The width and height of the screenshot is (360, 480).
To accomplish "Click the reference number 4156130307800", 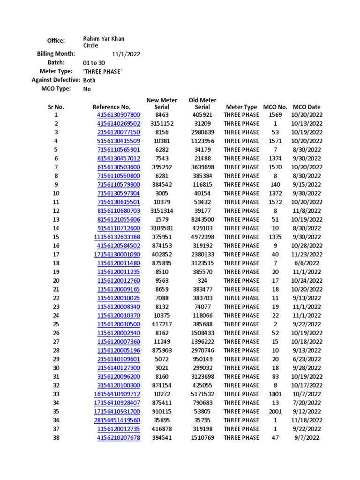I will (118, 115).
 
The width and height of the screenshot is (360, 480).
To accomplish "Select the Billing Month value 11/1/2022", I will (126, 54).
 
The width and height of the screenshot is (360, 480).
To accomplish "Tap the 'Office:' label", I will (56, 41).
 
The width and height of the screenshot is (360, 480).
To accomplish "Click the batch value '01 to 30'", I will (94, 63).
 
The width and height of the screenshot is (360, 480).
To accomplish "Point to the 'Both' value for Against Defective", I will (89, 80).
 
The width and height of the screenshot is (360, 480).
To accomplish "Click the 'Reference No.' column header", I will (111, 107).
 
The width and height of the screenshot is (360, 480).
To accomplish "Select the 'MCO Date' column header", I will (307, 107).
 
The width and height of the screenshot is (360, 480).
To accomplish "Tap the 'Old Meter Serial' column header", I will (202, 104).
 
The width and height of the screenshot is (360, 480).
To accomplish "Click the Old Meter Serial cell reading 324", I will (202, 281).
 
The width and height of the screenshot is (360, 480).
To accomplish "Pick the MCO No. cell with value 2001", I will (275, 412).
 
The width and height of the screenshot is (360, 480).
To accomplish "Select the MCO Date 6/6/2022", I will (307, 263).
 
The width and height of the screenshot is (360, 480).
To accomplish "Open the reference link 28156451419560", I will (117, 420).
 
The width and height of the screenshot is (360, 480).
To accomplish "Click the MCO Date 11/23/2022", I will (307, 255).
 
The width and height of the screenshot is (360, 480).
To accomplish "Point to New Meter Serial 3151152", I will (162, 123).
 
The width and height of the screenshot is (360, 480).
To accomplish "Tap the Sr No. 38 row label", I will (56, 438).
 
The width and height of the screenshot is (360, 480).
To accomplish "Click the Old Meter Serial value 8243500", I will (202, 219).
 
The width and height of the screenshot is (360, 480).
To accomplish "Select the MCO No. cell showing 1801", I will (275, 394).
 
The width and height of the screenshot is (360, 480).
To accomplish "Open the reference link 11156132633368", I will (117, 237).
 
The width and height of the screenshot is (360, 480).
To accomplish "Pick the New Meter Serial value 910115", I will (162, 412).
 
